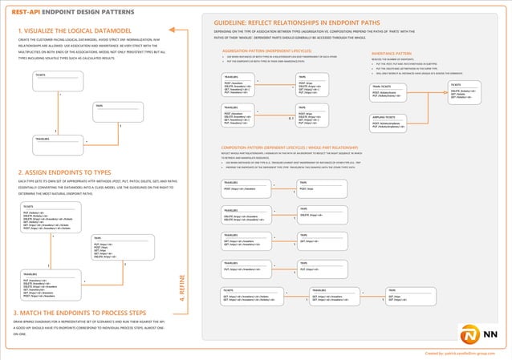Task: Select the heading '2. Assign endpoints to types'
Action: [x=63, y=173]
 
